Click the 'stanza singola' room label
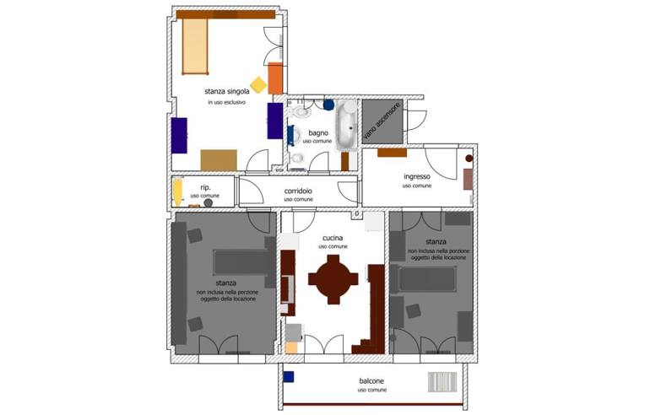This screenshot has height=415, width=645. click(226, 91)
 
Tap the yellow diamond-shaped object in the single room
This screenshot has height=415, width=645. click(258, 84)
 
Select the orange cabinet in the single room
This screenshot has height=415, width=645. click(275, 78)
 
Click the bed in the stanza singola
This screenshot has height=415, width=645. click(194, 46)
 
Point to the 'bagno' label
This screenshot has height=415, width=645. click(318, 132)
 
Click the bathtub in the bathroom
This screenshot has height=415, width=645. click(348, 125)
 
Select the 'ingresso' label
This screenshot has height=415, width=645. click(417, 176)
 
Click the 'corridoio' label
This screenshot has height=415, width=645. click(298, 191)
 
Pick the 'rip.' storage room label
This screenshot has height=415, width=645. click(205, 187)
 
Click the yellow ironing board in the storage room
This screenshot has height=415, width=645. click(177, 191)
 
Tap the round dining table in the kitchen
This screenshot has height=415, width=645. click(333, 279)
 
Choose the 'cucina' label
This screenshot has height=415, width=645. click(333, 238)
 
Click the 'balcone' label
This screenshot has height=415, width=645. click(371, 381)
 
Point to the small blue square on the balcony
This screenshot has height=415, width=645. click(289, 377)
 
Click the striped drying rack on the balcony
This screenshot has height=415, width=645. click(442, 382)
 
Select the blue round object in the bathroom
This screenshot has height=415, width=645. click(328, 105)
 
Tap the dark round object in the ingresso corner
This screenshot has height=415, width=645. click(469, 159)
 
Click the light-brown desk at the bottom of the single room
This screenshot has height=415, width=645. click(219, 160)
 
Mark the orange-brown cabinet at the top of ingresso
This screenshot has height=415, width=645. click(392, 153)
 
